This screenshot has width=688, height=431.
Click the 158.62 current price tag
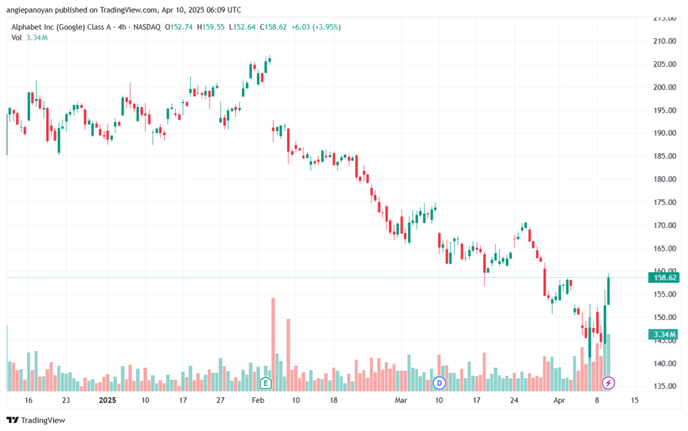(663, 278)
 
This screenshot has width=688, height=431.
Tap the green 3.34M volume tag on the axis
(663, 334)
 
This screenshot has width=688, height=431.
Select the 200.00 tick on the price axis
(664, 87)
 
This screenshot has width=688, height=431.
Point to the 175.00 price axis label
(664, 202)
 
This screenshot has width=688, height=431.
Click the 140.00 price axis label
(664, 363)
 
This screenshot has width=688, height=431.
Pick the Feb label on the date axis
(258, 400)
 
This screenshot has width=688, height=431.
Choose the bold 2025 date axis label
(107, 400)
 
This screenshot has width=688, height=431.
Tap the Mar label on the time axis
(401, 400)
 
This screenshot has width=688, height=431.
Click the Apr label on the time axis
(559, 400)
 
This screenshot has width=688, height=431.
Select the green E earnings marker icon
(265, 383)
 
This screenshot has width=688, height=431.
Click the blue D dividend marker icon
(439, 383)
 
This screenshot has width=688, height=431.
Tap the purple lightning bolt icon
(608, 383)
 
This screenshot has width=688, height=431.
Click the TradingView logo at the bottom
(36, 420)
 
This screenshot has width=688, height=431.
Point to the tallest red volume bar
(273, 344)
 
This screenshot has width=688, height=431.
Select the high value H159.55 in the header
(210, 27)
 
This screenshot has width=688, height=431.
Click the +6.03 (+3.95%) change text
(316, 27)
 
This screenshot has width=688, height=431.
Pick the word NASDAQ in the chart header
(147, 27)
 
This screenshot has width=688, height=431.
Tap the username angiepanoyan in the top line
(30, 9)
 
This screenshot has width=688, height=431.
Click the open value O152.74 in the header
(179, 27)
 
